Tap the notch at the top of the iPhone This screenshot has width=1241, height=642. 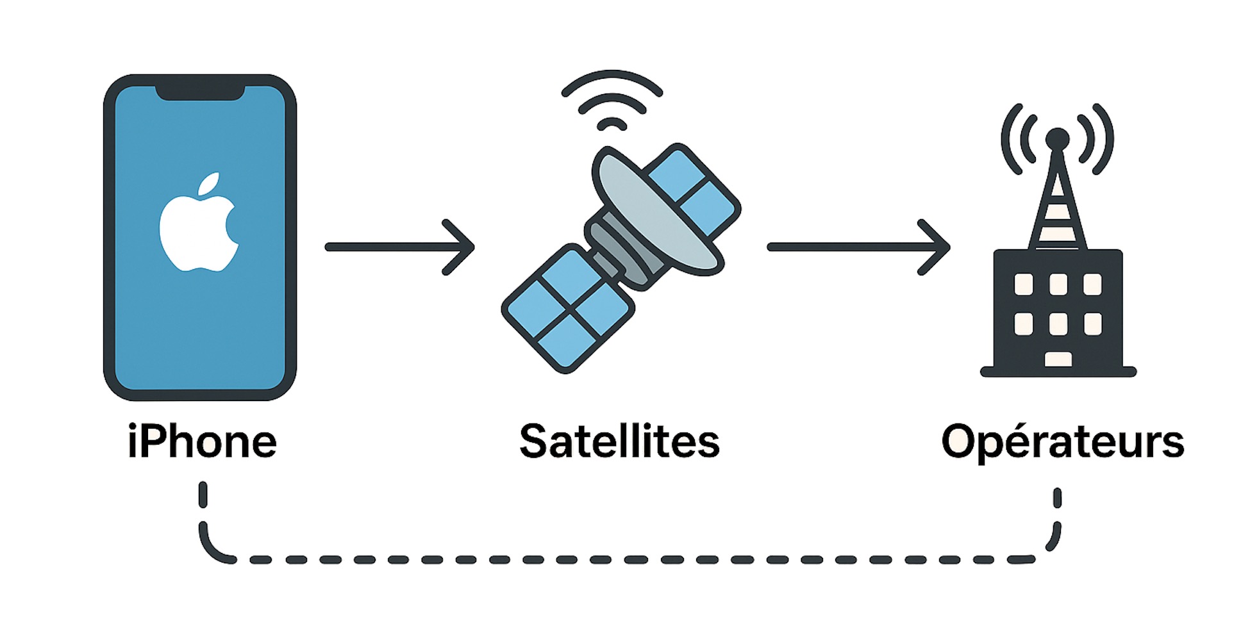(x=200, y=93)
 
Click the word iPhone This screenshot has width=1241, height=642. (x=202, y=442)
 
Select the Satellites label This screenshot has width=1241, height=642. (x=619, y=442)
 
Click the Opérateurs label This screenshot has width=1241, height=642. (x=1062, y=442)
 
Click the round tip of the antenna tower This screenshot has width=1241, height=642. (x=1057, y=138)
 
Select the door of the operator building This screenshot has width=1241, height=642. (x=1058, y=359)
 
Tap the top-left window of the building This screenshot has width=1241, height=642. (x=1024, y=284)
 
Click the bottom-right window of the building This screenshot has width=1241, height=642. (x=1092, y=324)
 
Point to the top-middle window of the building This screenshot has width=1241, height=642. (x=1058, y=284)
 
